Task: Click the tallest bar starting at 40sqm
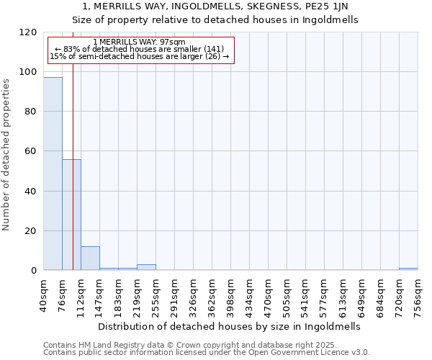[x=53, y=174]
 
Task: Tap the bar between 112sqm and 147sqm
[x=90, y=258]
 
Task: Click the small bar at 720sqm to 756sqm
[x=408, y=269]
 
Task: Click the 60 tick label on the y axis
[x=32, y=152]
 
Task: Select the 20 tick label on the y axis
[x=32, y=231]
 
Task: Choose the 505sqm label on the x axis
[x=287, y=294]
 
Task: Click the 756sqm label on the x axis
[x=418, y=294]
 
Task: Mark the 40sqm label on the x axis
[x=44, y=293]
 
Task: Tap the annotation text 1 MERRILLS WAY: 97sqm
[x=140, y=42]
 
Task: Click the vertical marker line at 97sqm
[x=73, y=180]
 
